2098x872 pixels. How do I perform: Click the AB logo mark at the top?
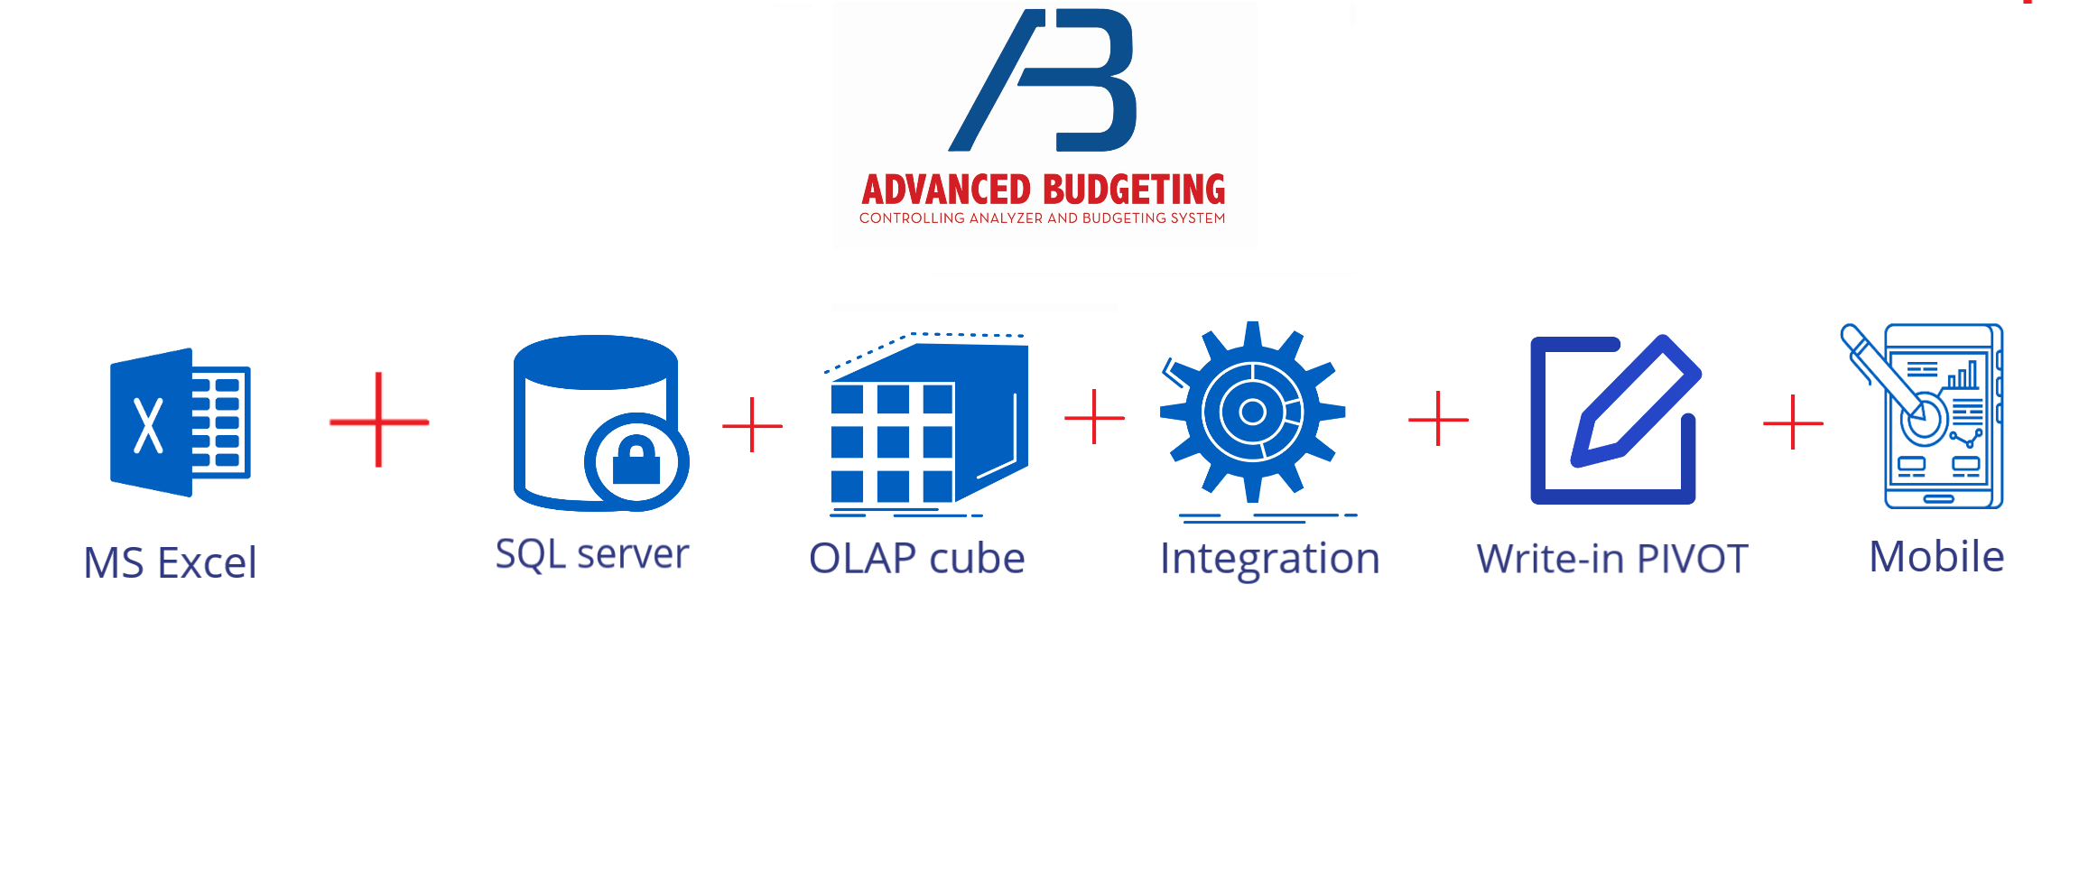(1043, 80)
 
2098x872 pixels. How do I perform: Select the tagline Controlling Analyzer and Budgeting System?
(1043, 218)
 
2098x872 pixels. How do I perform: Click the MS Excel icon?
(180, 422)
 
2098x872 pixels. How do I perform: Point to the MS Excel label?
(171, 563)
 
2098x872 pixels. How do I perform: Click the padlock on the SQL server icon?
(636, 460)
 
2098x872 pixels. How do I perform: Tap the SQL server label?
(592, 554)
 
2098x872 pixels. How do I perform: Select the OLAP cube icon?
(927, 424)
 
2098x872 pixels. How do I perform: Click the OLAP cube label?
(917, 559)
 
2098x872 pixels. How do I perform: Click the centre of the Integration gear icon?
(1253, 413)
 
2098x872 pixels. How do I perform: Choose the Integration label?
(1270, 560)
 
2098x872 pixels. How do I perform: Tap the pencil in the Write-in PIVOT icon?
(1636, 402)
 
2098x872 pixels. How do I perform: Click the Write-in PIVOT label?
(1612, 560)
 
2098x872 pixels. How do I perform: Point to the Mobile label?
(1936, 557)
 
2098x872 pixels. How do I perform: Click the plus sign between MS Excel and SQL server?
(379, 421)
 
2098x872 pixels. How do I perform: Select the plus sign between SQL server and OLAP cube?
(752, 424)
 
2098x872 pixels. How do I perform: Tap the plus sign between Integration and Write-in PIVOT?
(1438, 419)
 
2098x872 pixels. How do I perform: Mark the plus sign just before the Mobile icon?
(1793, 422)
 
